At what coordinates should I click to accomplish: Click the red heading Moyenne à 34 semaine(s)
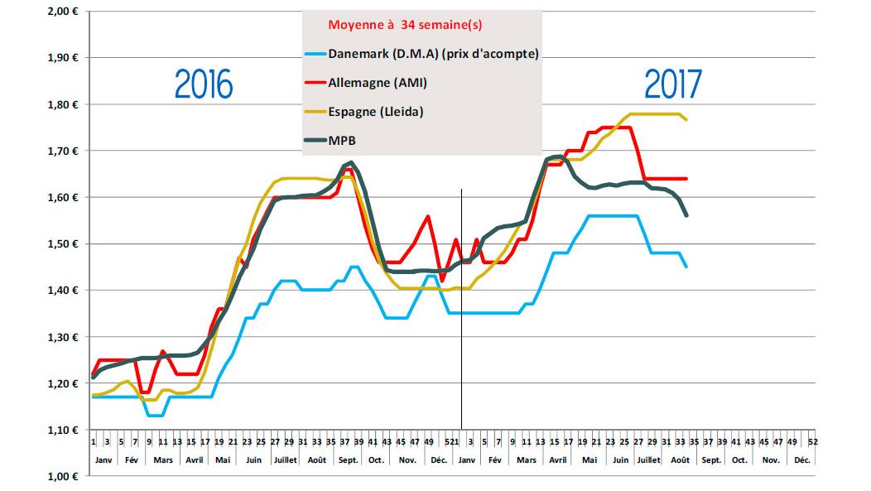[x=405, y=25]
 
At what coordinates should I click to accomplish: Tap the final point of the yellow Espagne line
[x=686, y=120]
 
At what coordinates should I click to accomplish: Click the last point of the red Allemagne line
[x=686, y=179]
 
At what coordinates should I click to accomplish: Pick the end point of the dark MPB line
[x=686, y=215]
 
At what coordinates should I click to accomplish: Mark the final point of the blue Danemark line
[x=686, y=267]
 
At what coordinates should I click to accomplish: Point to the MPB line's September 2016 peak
[x=352, y=162]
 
